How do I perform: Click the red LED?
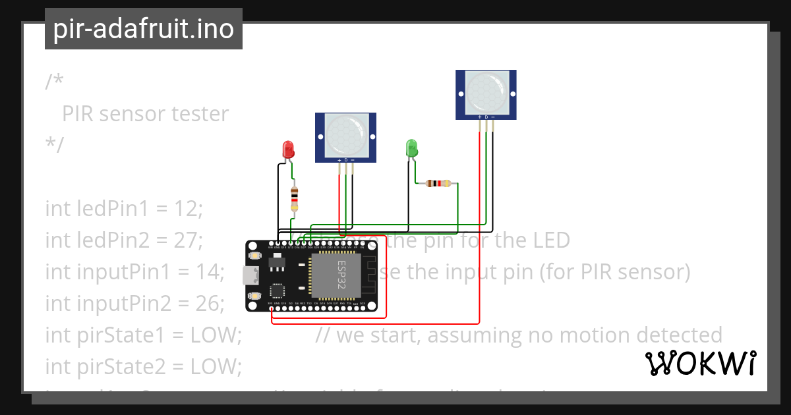288,149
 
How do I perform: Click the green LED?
412,147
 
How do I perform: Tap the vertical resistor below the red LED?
294,198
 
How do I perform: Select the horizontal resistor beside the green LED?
438,183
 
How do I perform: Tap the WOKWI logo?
700,363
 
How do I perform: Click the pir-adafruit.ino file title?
144,30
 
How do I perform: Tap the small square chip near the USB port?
276,290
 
